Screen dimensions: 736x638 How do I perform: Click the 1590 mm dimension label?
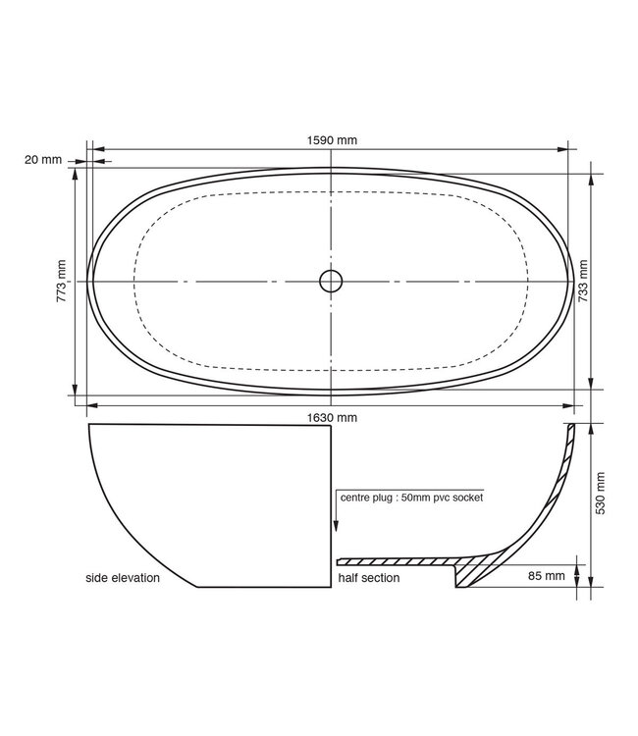point(333,140)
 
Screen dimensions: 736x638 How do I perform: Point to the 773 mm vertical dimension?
point(62,281)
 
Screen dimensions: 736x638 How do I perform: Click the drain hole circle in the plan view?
point(332,281)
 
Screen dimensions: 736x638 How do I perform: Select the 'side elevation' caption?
point(123,579)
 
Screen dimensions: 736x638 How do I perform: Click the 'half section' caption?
point(369,579)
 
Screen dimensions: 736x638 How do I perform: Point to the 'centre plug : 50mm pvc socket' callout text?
point(412,497)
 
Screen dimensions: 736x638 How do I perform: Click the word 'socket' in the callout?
point(467,497)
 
